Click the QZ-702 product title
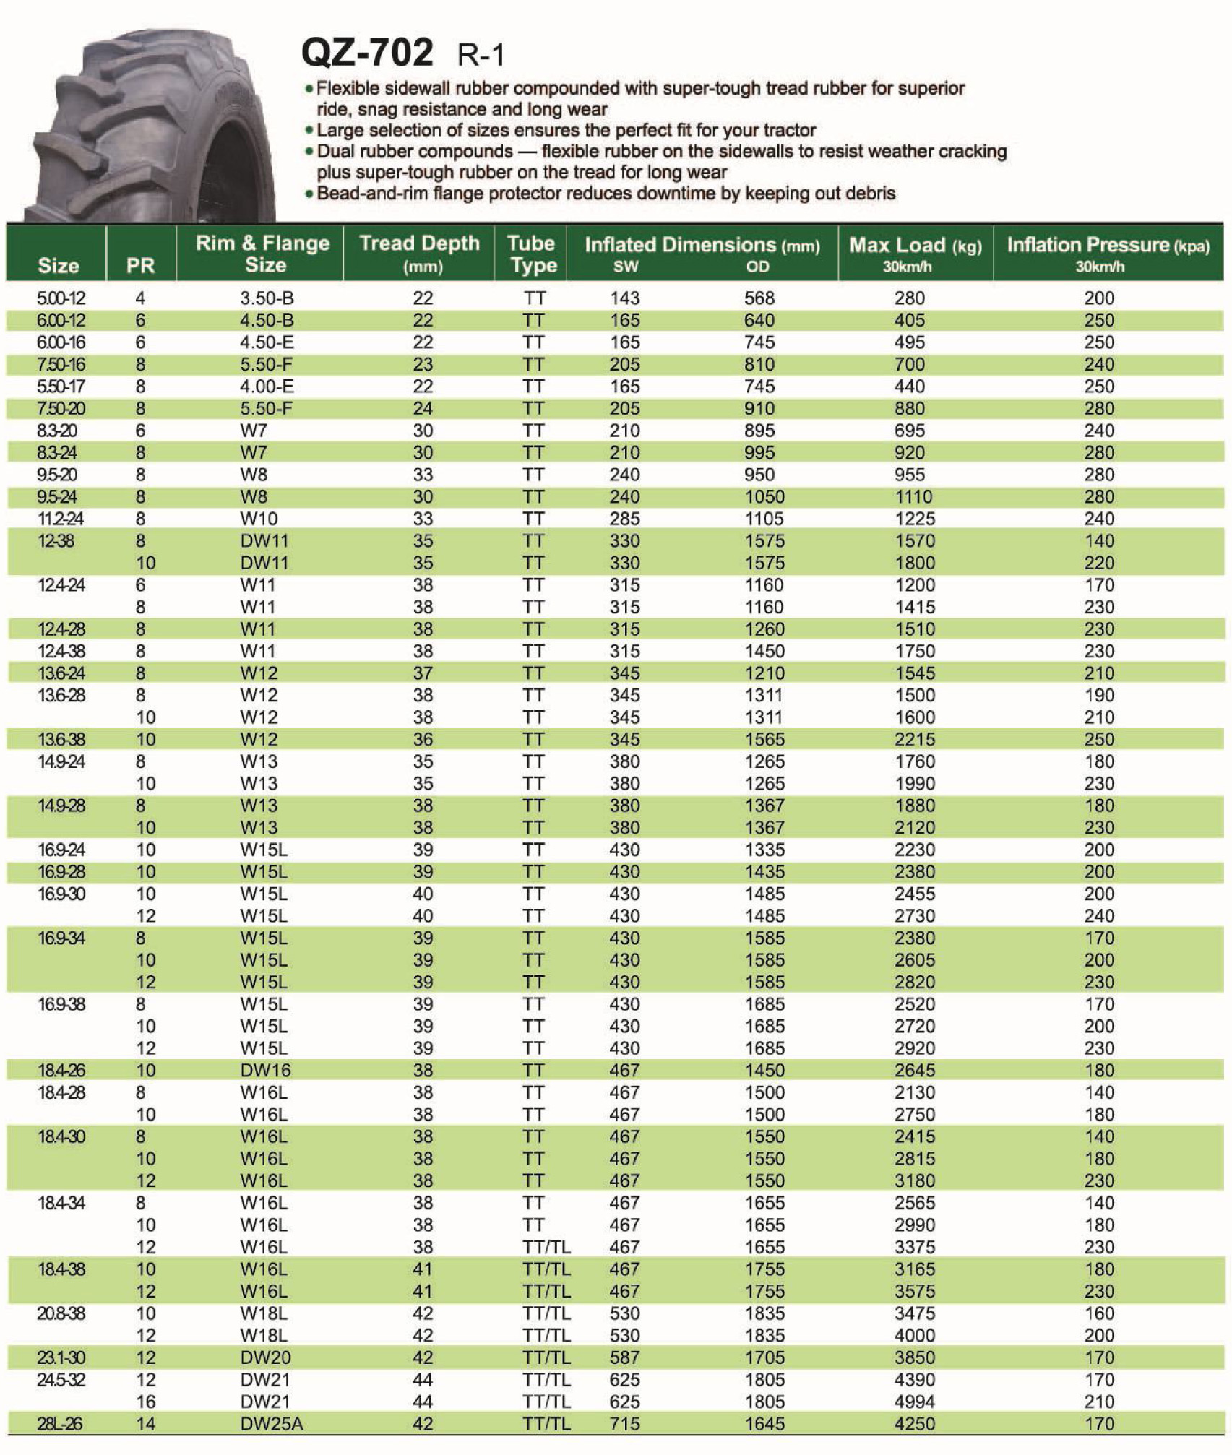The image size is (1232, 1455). (x=367, y=53)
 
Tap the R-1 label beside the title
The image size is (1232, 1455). (x=481, y=56)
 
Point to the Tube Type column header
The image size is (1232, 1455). (x=532, y=253)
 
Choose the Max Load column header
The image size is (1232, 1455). (x=915, y=253)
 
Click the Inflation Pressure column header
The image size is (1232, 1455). (x=1108, y=253)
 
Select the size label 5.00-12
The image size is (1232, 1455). (x=61, y=298)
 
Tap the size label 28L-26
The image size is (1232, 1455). (x=60, y=1424)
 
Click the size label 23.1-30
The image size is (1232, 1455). (x=61, y=1357)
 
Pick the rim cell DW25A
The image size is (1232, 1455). (x=272, y=1424)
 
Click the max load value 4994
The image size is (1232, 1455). (x=915, y=1402)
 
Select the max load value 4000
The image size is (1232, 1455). (x=915, y=1335)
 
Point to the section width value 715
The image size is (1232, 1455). (x=624, y=1424)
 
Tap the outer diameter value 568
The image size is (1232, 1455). (x=759, y=298)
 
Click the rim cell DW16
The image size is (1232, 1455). (x=266, y=1070)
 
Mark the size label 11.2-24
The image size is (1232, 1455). (x=61, y=519)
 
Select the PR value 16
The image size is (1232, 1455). (x=146, y=1402)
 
